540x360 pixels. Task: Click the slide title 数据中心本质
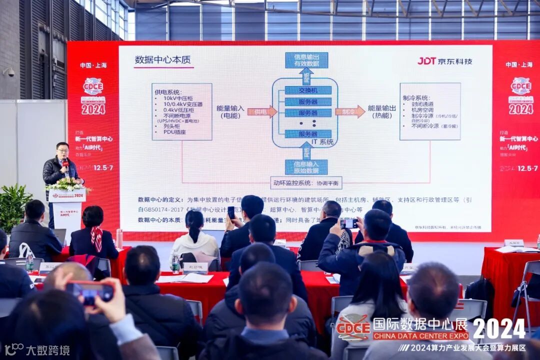coord(163,59)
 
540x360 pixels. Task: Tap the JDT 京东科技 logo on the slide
coord(444,61)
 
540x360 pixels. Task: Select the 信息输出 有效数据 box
coord(306,60)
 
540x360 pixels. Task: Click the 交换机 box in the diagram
coord(308,90)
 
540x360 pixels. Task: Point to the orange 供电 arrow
coord(262,112)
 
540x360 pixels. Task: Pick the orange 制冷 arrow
coord(350,112)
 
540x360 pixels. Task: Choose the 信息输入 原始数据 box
coord(306,167)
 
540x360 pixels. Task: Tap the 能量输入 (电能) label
coord(230,111)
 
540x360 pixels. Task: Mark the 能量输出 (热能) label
coord(382,111)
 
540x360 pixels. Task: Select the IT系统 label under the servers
coord(322,142)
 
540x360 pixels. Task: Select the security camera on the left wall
coord(9,72)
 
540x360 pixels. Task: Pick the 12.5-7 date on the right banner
coord(523,168)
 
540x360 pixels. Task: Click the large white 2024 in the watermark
coord(498,328)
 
